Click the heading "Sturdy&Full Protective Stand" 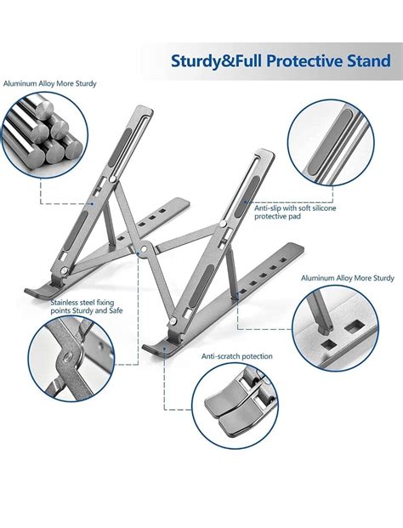(x=269, y=61)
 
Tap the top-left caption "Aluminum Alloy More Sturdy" (x=50, y=84)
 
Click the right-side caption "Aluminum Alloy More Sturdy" (x=347, y=278)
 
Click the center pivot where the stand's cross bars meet (x=147, y=249)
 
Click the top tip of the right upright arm (x=267, y=154)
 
